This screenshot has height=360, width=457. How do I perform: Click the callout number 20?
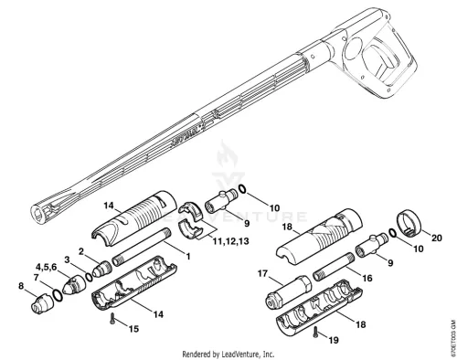[437, 238]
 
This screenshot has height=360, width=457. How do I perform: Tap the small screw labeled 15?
[112, 318]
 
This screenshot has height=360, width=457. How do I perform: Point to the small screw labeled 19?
[316, 332]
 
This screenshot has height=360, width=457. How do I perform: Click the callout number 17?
[262, 273]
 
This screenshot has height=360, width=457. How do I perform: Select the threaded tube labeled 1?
[142, 247]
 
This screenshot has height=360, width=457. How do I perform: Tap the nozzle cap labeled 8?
[40, 303]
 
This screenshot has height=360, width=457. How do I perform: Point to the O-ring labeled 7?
[58, 295]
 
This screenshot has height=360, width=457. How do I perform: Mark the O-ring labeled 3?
[89, 277]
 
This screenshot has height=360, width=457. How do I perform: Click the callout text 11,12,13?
[230, 241]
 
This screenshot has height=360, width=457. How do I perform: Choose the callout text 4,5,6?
[47, 267]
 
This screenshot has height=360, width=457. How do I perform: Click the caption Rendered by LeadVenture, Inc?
[228, 355]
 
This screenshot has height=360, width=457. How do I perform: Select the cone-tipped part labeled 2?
[102, 269]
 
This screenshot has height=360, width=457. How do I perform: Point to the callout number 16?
[367, 278]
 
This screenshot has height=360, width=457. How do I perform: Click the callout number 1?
[188, 257]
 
